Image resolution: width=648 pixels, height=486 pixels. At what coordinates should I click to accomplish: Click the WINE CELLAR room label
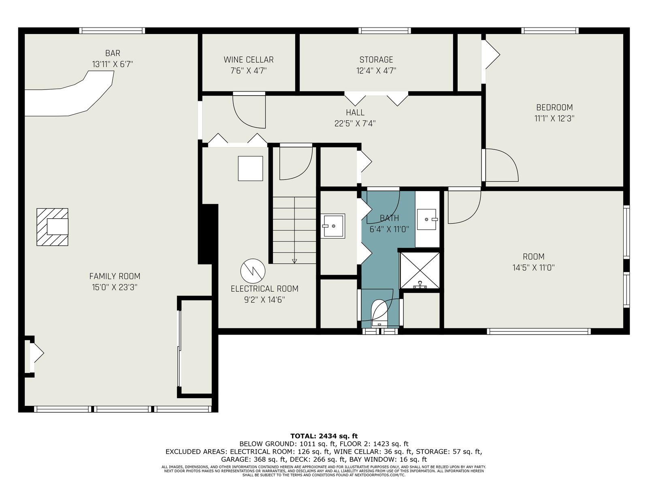pos(249,60)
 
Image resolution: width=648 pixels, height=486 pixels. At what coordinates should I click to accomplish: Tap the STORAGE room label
pos(376,60)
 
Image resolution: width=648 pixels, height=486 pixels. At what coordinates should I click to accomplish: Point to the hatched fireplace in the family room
pos(52,227)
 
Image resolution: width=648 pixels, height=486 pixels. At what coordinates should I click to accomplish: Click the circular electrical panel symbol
pos(253,271)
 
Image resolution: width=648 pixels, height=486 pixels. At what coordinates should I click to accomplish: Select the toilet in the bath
pos(379,313)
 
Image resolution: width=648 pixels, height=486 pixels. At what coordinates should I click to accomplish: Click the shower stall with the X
pos(419,270)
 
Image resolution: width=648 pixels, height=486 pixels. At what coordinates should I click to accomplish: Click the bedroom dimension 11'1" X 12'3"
pos(554,119)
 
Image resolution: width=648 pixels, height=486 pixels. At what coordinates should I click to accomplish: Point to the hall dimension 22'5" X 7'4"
pos(355,124)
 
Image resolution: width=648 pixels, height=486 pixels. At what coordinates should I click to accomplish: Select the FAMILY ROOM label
pos(115,276)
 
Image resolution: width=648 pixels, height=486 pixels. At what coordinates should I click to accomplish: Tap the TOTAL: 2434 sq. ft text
pos(324,436)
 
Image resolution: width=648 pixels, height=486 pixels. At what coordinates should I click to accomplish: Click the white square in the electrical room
pos(250,168)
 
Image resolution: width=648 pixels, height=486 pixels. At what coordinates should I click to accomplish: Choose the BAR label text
pos(113,53)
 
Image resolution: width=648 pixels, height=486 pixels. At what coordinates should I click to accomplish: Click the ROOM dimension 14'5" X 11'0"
pos(533,268)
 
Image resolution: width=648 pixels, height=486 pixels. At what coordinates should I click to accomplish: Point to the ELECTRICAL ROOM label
pos(264,289)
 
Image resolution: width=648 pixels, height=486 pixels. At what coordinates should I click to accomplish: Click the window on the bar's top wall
pos(112,31)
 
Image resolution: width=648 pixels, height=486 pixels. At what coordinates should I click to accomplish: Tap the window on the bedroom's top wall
pos(550,31)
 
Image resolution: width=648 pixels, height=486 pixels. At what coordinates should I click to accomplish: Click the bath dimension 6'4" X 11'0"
pos(389,229)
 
